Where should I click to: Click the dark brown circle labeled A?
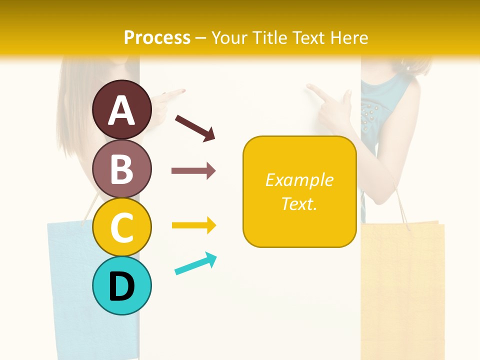(121, 109)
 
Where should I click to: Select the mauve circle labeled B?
(121, 168)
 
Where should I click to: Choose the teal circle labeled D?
(121, 285)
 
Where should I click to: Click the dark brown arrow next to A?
(195, 127)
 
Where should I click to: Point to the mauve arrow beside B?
(193, 171)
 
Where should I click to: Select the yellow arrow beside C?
(193, 225)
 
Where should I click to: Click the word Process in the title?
(157, 37)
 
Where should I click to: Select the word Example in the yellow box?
(299, 180)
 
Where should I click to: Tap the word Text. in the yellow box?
(299, 203)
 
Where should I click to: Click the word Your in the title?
(230, 37)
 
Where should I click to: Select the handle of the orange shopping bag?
(402, 205)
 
